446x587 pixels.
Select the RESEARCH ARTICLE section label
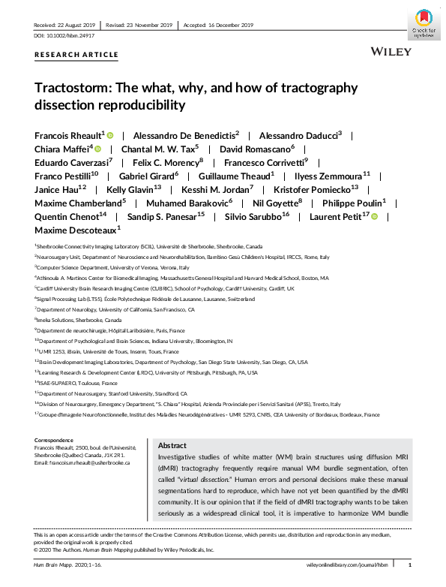76,55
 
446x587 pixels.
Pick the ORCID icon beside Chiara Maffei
97,149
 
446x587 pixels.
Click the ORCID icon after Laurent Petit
374,217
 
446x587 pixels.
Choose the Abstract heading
172,444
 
